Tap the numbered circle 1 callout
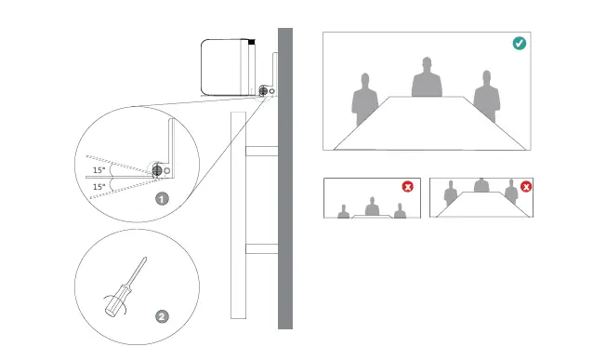point(161,198)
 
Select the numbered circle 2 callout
point(162,316)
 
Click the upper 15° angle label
point(98,170)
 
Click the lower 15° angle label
point(98,187)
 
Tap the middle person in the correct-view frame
point(427,78)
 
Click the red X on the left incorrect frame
point(407,186)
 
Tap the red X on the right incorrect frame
point(526,186)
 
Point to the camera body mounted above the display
point(227,66)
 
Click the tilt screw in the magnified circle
point(157,170)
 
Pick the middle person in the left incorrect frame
point(372,207)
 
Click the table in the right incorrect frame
point(481,209)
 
